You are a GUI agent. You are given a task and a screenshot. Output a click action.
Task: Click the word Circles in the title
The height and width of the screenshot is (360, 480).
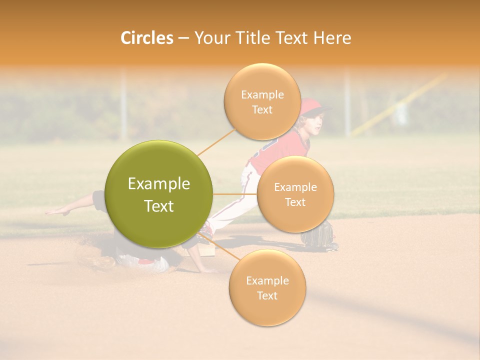tap(146, 38)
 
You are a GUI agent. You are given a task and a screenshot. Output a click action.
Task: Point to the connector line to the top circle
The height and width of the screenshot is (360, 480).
tap(216, 142)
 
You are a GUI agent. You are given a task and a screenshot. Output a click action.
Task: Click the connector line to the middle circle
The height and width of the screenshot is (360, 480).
tap(235, 194)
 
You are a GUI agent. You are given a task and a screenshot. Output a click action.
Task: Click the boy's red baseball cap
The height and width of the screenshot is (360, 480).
tap(313, 106)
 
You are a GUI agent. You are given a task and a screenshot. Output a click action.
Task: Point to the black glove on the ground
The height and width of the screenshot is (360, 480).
tap(318, 235)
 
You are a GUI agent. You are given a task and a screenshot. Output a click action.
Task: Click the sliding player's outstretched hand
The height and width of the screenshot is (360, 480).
tap(55, 212)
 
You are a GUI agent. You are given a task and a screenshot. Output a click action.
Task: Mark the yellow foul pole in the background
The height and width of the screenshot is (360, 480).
tap(400, 105)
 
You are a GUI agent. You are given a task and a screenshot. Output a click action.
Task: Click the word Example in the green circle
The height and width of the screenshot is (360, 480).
tap(159, 184)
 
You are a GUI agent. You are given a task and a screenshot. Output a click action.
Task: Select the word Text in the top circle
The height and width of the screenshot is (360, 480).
tap(262, 110)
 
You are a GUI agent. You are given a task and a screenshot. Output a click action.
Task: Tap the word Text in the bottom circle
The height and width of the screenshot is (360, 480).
tap(267, 295)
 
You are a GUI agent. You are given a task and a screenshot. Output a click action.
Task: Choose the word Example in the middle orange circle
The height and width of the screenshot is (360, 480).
tap(295, 187)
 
